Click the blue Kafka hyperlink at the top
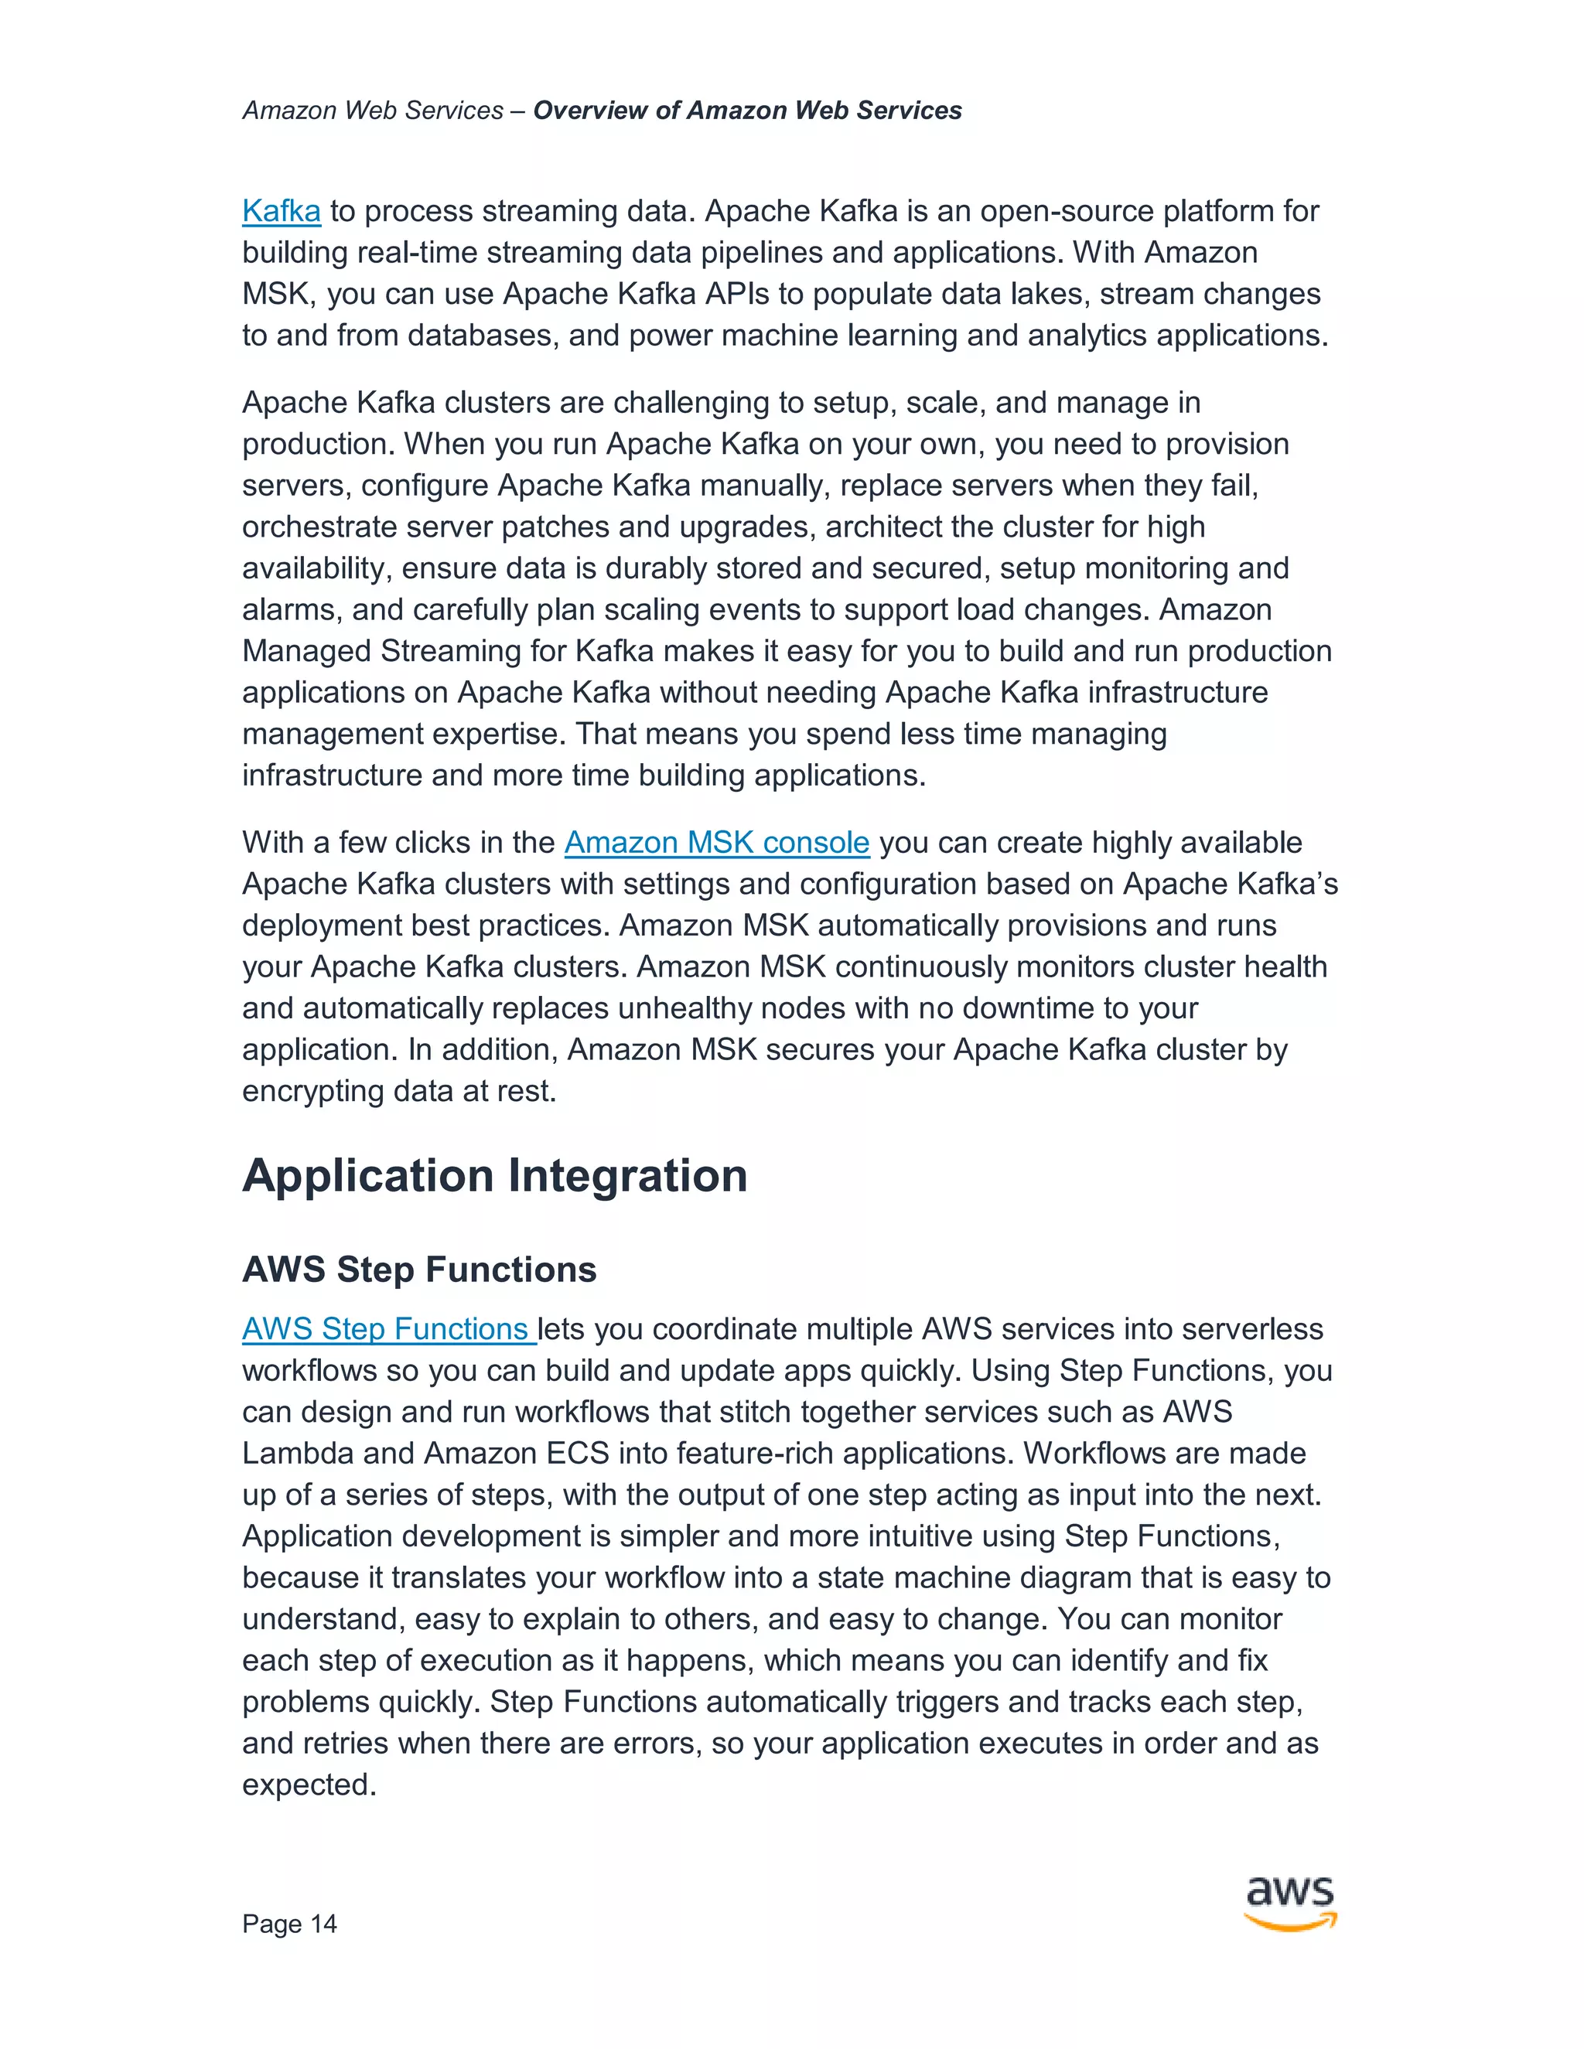(x=281, y=211)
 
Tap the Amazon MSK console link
(x=716, y=843)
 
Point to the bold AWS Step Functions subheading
(x=419, y=1270)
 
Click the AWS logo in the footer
(x=1290, y=1903)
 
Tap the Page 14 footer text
(x=289, y=1925)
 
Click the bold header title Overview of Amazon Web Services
(x=747, y=111)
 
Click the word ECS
(x=577, y=1454)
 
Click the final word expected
(x=308, y=1785)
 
